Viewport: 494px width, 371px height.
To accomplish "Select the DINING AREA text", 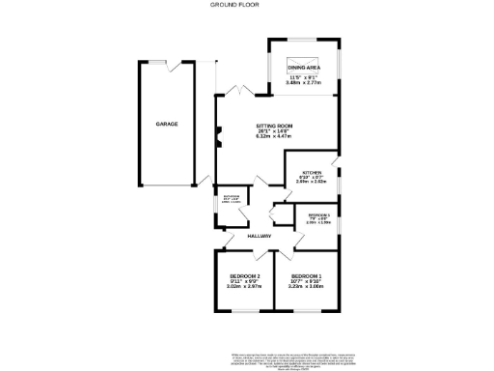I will (x=303, y=67).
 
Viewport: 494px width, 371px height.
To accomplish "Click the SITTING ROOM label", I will (x=274, y=127).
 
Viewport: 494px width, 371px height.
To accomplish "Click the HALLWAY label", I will (x=259, y=236).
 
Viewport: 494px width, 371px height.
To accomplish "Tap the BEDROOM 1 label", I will (x=306, y=276).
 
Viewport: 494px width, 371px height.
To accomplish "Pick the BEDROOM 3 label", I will (x=318, y=214).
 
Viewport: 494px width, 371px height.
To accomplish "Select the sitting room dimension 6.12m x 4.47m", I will (x=274, y=138).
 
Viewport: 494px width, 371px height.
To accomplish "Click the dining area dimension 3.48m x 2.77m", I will (x=303, y=84).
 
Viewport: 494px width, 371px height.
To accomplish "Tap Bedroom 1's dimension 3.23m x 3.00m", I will (x=306, y=287).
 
